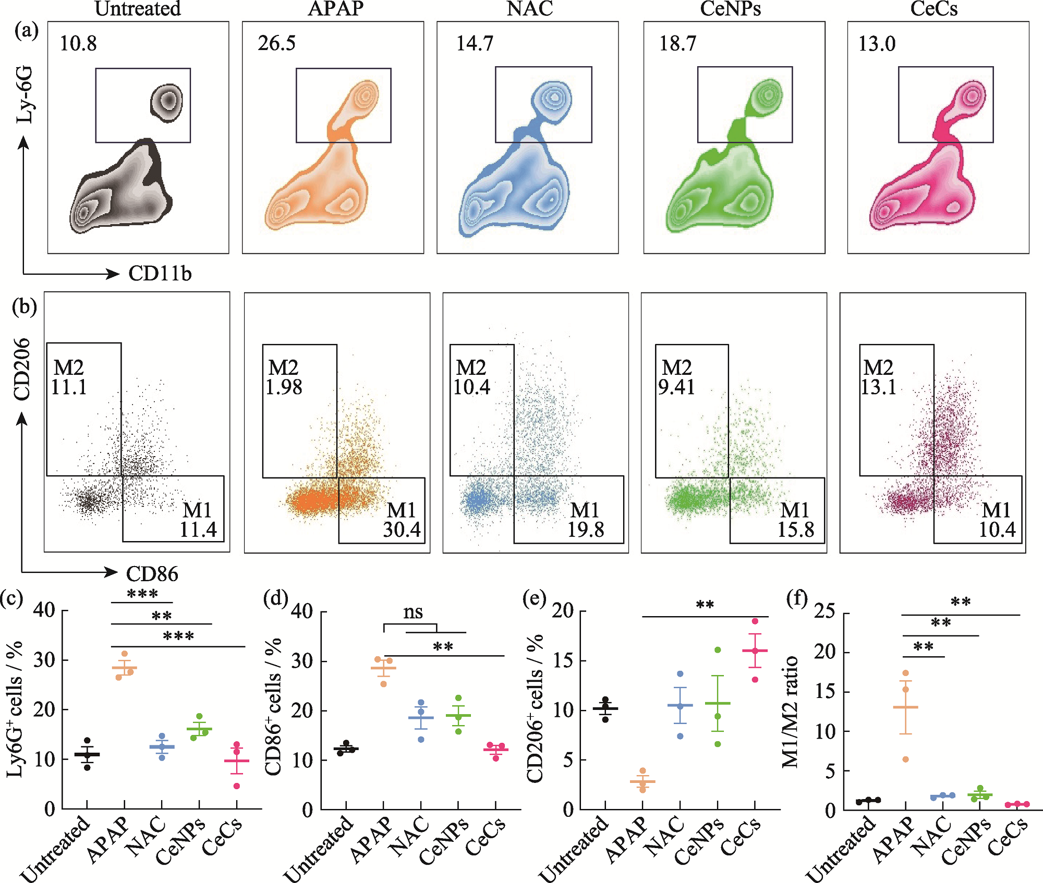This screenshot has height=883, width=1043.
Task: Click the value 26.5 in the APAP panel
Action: (x=276, y=43)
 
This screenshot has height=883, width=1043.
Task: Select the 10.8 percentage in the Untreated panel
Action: (x=78, y=43)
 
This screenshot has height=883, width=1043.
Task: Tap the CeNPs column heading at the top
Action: (x=730, y=9)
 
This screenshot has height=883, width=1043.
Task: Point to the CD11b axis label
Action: (x=160, y=274)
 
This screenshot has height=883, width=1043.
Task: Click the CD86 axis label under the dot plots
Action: (x=152, y=574)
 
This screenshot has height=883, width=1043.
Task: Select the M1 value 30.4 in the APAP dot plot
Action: (x=402, y=530)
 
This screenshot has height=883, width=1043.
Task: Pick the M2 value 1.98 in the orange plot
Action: (x=284, y=387)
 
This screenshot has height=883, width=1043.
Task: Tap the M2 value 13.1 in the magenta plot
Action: (x=878, y=387)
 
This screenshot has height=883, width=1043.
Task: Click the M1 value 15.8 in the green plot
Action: (x=796, y=530)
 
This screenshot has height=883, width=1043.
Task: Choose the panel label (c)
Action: (x=11, y=598)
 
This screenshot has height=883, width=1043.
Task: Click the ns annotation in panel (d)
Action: (x=413, y=612)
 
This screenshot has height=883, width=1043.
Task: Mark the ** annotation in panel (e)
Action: (x=705, y=605)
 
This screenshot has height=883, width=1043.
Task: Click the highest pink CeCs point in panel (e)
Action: (x=755, y=621)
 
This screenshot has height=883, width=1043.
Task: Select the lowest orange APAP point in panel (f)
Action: (x=906, y=759)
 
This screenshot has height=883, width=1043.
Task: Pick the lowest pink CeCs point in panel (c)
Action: (x=237, y=786)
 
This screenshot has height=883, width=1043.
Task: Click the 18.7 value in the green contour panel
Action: (x=677, y=43)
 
